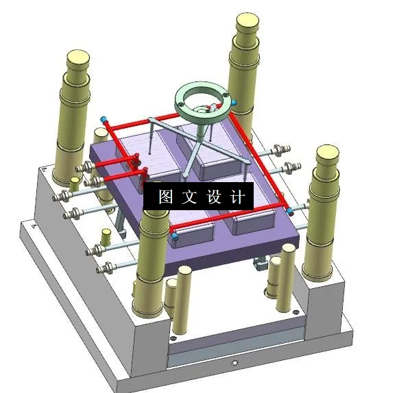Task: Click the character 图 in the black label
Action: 166,198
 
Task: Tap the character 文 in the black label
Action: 189,198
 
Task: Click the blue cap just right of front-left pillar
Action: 175,236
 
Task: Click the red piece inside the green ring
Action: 211,106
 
